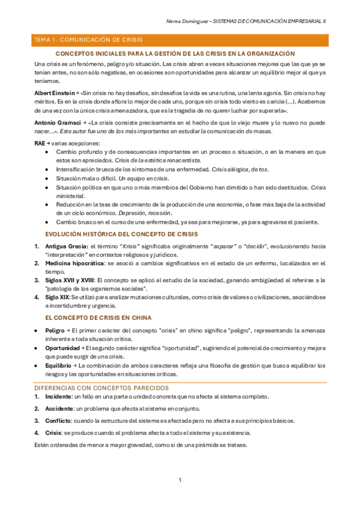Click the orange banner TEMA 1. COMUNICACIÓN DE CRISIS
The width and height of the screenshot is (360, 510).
tap(88, 40)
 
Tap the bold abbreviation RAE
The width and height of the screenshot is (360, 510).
tap(40, 143)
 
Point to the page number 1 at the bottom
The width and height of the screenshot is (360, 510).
tap(180, 480)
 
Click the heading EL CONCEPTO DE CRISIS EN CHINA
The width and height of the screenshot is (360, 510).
tap(99, 318)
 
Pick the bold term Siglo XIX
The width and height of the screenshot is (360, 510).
tap(57, 297)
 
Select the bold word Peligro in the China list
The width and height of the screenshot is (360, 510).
tap(56, 331)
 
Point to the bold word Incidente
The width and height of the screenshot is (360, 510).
tap(58, 396)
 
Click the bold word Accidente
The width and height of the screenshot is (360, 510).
tap(59, 409)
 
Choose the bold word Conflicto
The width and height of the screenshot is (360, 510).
tap(58, 421)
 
